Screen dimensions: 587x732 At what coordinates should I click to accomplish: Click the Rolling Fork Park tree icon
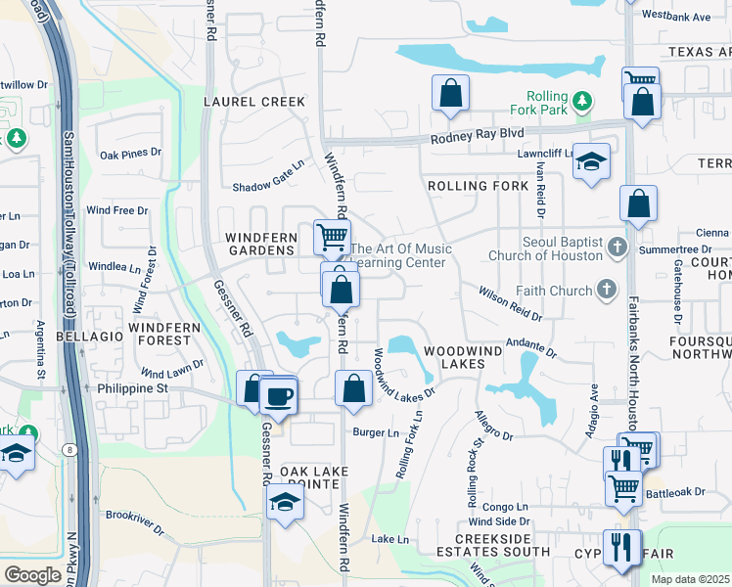pyautogui.click(x=582, y=101)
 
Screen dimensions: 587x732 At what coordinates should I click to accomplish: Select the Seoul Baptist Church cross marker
pyautogui.click(x=617, y=247)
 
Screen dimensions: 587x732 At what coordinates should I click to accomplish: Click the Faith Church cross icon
pyautogui.click(x=607, y=290)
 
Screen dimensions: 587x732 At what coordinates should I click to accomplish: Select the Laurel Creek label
pyautogui.click(x=241, y=101)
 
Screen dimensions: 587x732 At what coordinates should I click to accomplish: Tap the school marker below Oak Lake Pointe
pyautogui.click(x=285, y=502)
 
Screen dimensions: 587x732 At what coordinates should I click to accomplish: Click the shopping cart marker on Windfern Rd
pyautogui.click(x=332, y=237)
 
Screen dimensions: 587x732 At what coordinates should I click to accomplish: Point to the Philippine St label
pyautogui.click(x=134, y=387)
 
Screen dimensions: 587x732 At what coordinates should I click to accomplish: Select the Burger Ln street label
pyautogui.click(x=376, y=432)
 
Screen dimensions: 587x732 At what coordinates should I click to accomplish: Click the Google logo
pyautogui.click(x=33, y=574)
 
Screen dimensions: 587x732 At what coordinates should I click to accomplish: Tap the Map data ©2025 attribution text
pyautogui.click(x=690, y=579)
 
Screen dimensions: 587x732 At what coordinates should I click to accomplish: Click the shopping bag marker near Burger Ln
pyautogui.click(x=353, y=388)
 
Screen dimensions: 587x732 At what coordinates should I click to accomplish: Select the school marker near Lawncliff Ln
pyautogui.click(x=591, y=162)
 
